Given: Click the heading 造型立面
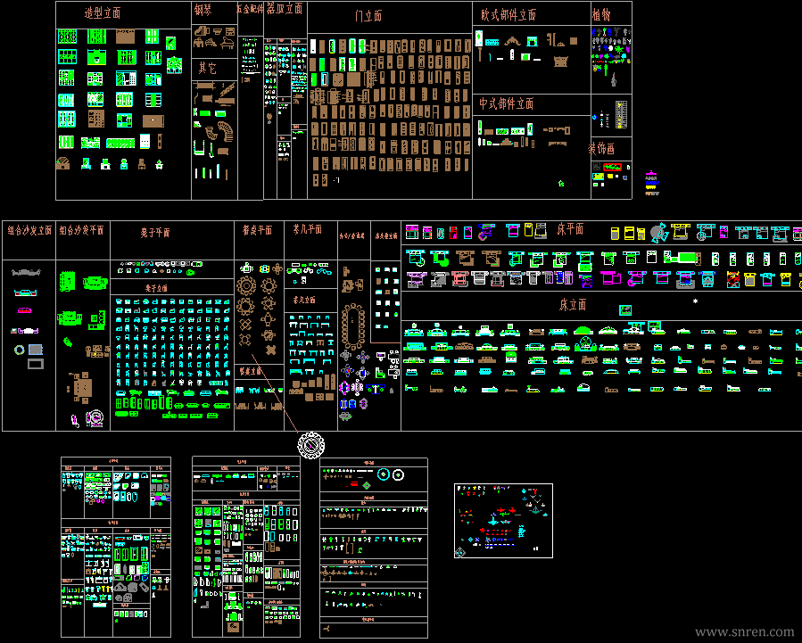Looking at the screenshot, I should click(x=103, y=13).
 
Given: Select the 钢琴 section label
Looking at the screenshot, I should click(x=203, y=11).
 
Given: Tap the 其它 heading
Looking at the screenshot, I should click(x=207, y=68).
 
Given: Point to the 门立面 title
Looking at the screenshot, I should click(x=368, y=16).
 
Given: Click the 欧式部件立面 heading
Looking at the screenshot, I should click(x=508, y=15).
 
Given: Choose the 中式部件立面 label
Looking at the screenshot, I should click(x=506, y=103).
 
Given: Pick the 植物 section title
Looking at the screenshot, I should click(x=601, y=15).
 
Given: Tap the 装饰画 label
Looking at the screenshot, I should click(x=601, y=148).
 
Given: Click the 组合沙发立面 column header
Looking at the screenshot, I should click(x=29, y=230).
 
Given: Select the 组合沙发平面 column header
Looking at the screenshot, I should click(x=81, y=230).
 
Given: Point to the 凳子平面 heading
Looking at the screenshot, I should click(x=154, y=233).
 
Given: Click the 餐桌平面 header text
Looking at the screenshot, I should click(x=257, y=230).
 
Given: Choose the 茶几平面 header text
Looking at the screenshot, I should click(x=308, y=229).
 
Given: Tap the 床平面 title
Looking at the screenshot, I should click(x=570, y=229).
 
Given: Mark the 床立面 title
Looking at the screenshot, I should click(x=573, y=305).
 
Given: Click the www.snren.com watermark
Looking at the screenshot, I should click(x=744, y=631).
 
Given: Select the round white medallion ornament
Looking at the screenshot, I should click(x=310, y=443).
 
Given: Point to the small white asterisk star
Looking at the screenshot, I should click(x=696, y=301).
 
